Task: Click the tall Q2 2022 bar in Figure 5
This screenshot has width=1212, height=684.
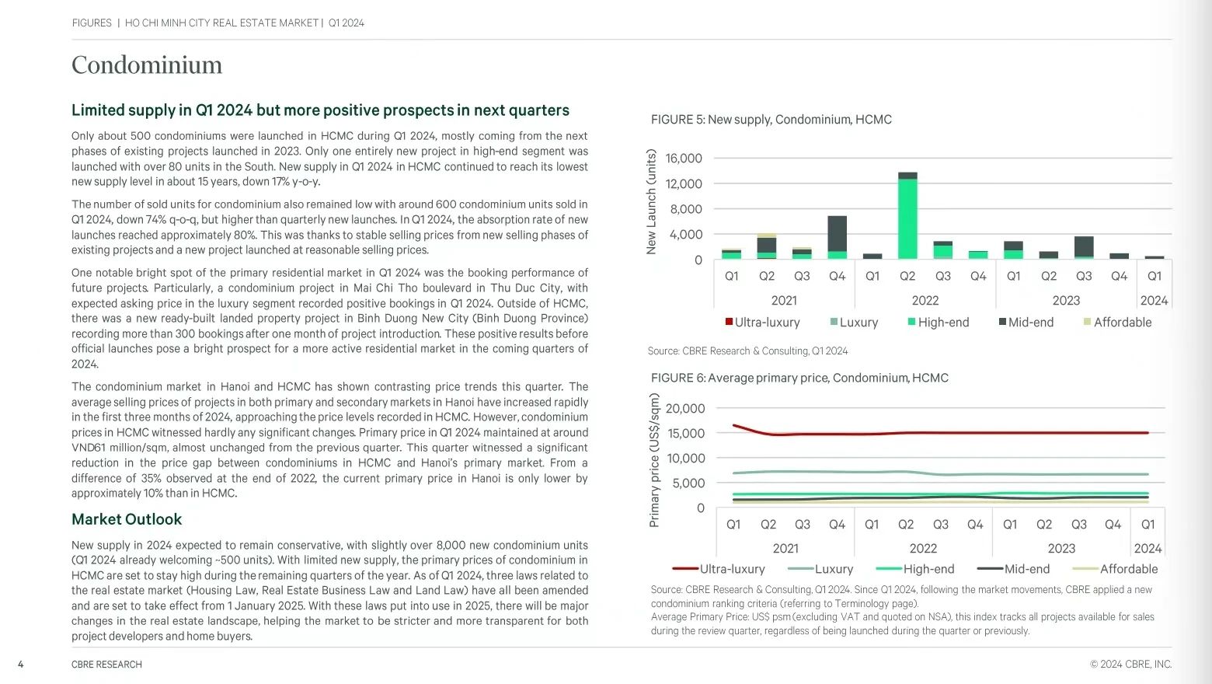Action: [907, 215]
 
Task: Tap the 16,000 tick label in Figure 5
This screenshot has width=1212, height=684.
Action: [684, 158]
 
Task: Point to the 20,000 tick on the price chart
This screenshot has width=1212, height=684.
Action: [685, 408]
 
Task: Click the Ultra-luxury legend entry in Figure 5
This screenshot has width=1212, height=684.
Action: [762, 322]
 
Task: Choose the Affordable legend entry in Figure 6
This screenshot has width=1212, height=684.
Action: [1115, 569]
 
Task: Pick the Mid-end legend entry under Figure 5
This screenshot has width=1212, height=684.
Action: [1026, 322]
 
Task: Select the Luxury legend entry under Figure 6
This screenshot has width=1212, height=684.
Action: [820, 569]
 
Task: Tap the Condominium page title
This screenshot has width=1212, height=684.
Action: [147, 65]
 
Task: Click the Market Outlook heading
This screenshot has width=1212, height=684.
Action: [127, 519]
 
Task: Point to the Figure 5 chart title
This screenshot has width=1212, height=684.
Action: [771, 119]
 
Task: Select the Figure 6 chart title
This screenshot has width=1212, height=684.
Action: [799, 378]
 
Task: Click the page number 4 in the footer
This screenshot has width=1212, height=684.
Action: [20, 664]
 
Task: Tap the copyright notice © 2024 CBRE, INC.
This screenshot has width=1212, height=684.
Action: [1131, 664]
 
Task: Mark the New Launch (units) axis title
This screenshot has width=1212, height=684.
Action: [651, 201]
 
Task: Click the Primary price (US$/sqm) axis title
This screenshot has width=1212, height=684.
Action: [654, 460]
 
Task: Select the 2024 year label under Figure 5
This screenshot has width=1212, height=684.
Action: [1154, 300]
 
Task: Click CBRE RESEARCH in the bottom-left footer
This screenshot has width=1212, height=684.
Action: [106, 664]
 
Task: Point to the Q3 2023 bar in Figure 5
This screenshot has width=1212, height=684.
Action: [1084, 248]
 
